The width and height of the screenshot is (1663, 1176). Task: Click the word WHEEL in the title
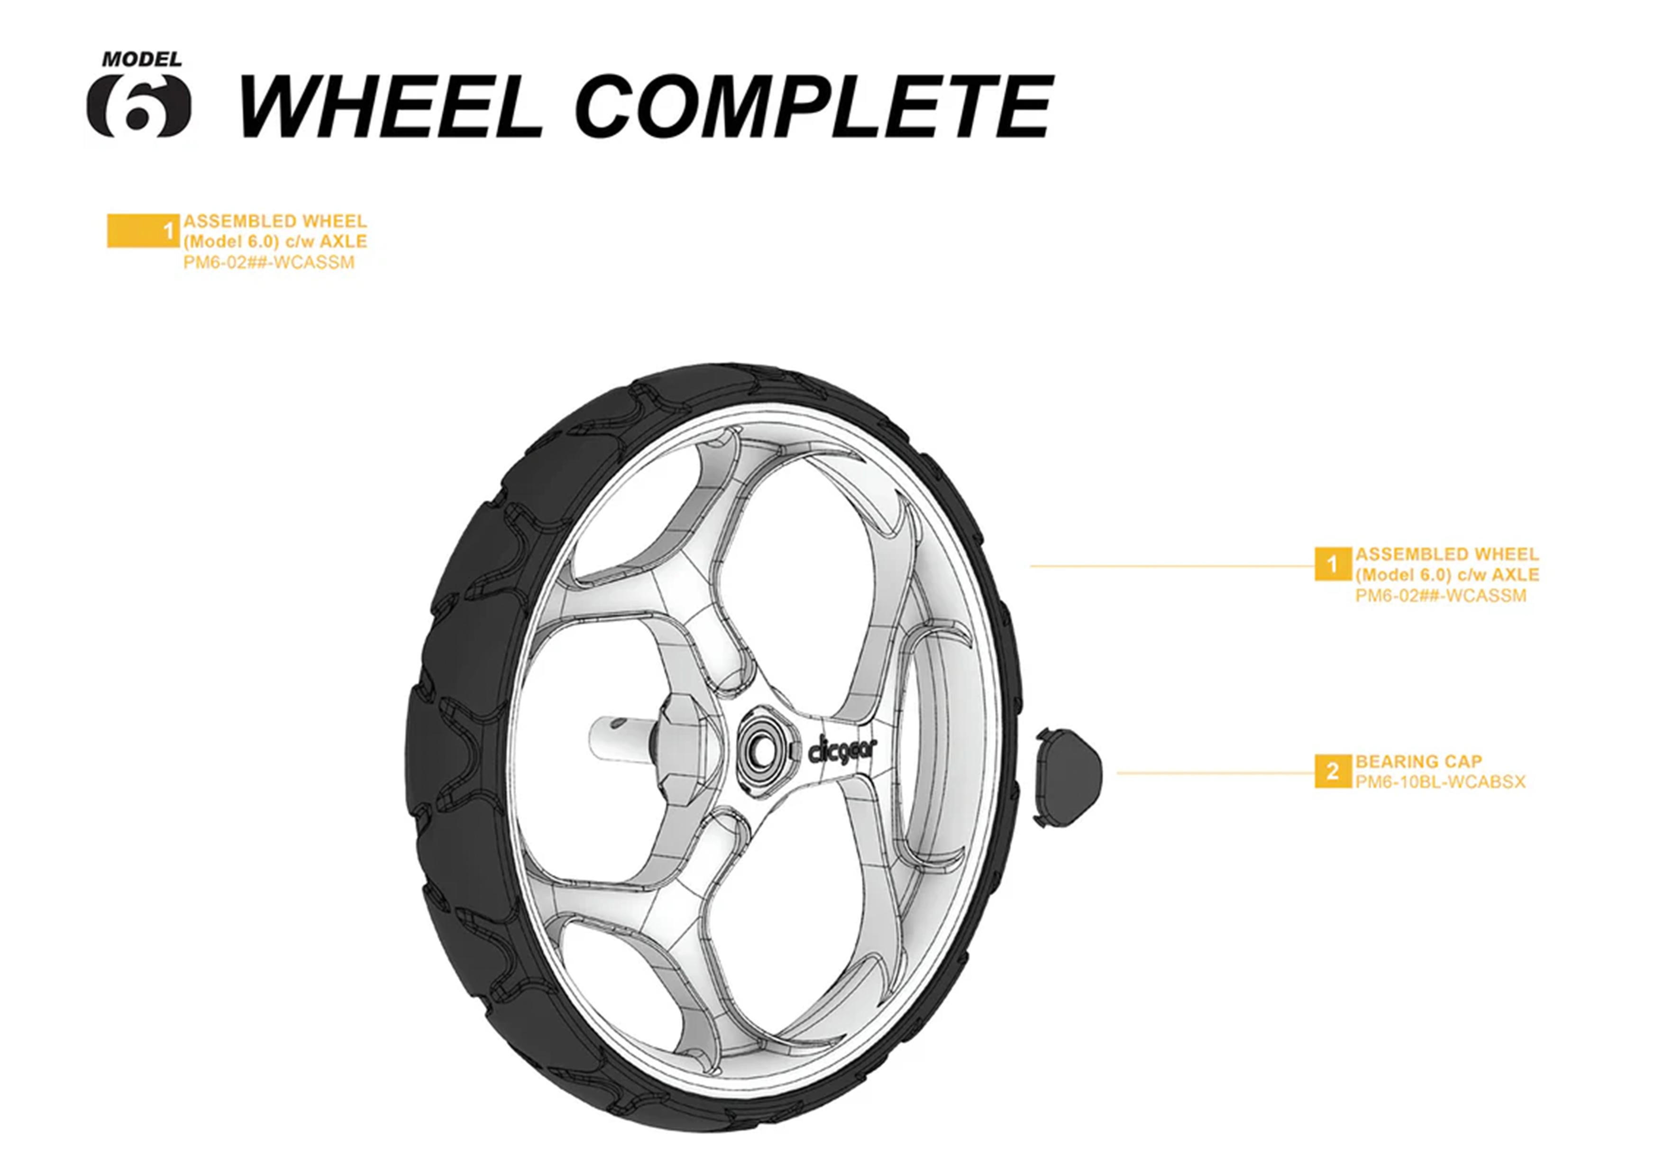coord(390,107)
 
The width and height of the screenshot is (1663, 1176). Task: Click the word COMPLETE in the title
coord(815,107)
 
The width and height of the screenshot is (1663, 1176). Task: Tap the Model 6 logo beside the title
coord(139,107)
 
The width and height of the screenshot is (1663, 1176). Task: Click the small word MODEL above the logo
coord(141,59)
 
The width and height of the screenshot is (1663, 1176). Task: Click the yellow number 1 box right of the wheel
coord(1333,564)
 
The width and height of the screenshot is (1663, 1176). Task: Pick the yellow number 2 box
coord(1333,771)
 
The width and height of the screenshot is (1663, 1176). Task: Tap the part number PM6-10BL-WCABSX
coord(1440,782)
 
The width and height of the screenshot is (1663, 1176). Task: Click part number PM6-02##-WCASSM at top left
coord(269,262)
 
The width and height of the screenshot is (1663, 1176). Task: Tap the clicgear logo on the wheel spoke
coord(841,752)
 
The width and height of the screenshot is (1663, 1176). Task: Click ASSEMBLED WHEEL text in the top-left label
coord(274,221)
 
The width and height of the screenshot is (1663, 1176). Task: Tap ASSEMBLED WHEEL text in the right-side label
coord(1446,554)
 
